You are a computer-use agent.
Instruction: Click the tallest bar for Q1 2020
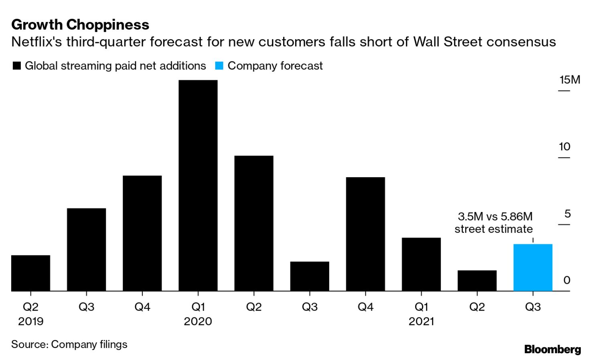coord(198,185)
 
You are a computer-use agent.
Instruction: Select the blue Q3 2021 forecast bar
coord(533,267)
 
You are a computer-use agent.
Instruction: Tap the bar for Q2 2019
coord(30,273)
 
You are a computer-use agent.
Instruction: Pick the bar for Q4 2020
coord(365,234)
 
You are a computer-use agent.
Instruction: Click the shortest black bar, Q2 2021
coord(477,280)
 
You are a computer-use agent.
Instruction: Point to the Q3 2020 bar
coord(310,276)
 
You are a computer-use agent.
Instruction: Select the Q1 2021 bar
coord(421,264)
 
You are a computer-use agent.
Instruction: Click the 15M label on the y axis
coord(570,80)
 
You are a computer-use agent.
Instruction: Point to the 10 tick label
coord(564,147)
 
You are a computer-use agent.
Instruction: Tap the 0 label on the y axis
coord(566,280)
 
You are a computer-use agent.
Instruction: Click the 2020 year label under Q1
coord(198,322)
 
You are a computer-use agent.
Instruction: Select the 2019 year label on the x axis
coord(30,322)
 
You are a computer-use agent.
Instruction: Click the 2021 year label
coord(421,322)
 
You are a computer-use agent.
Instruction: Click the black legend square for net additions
coord(17,66)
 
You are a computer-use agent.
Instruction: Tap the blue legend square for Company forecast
coord(219,66)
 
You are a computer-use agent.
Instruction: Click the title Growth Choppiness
coord(80,25)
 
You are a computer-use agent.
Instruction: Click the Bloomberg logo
coord(552,349)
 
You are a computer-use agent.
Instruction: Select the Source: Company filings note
coord(69,344)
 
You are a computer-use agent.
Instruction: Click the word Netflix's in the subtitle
coord(36,42)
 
